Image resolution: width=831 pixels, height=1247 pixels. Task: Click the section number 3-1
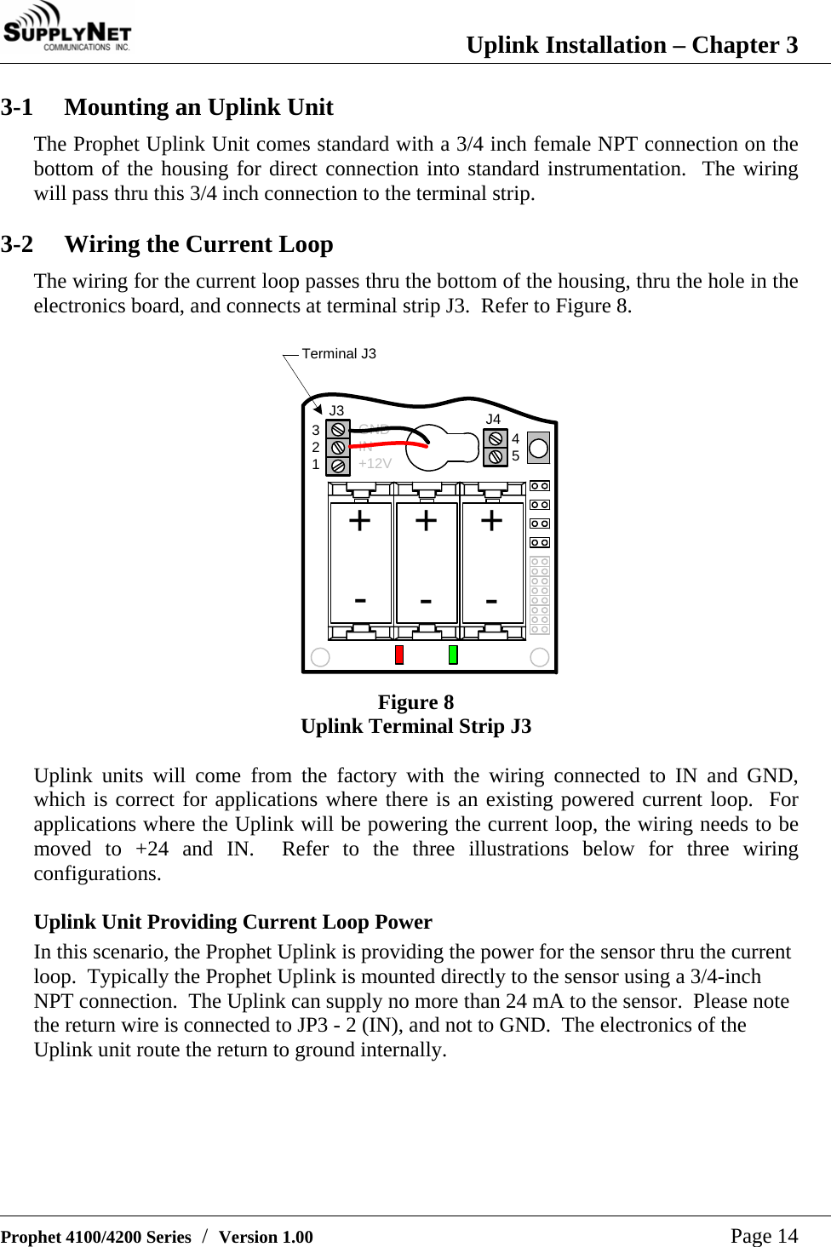[17, 107]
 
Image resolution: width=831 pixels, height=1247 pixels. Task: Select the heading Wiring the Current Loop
[198, 244]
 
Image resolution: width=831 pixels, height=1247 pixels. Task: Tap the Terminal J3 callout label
[338, 353]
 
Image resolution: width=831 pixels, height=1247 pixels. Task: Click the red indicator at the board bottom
[398, 655]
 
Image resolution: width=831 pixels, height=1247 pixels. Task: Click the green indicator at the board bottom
[453, 655]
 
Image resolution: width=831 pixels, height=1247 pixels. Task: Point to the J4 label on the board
[493, 419]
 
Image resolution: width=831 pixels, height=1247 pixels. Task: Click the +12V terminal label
[375, 464]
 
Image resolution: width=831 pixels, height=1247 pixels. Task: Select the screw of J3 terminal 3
[338, 430]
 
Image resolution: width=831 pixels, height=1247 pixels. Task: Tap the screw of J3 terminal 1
[338, 466]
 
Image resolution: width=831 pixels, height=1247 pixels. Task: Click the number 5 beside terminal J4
[515, 456]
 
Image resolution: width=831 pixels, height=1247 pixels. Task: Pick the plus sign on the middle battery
[426, 520]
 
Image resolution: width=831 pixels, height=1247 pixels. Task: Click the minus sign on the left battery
[360, 600]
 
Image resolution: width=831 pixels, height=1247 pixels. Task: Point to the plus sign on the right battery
[491, 520]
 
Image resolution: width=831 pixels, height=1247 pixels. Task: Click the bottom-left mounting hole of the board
[320, 656]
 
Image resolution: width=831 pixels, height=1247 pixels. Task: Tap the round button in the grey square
[538, 448]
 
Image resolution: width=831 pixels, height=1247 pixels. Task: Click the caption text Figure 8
[415, 702]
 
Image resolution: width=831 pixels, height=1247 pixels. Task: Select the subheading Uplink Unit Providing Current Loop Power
[232, 922]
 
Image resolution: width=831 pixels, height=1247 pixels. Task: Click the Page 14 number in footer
[764, 1236]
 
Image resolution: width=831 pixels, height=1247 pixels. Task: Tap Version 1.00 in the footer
[266, 1237]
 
